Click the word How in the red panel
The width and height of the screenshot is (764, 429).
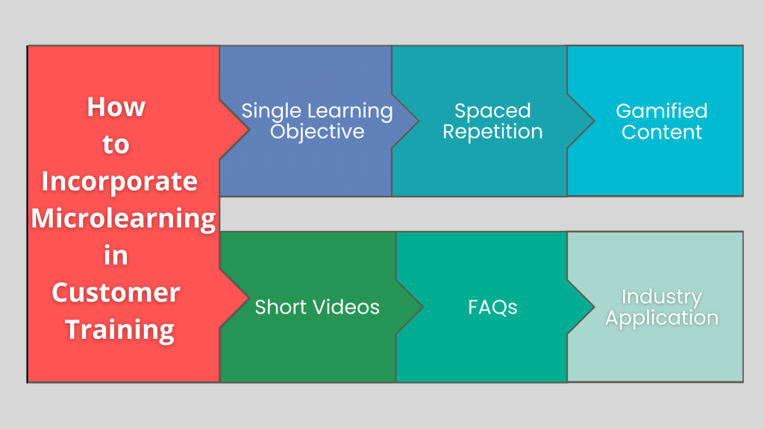(116, 107)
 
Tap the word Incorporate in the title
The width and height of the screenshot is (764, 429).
(119, 181)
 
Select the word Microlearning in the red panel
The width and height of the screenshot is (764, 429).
(123, 218)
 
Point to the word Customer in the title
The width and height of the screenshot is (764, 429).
(116, 292)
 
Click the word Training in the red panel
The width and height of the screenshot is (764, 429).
(119, 329)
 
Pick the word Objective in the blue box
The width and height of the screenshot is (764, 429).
(317, 133)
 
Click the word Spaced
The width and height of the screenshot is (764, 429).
(492, 112)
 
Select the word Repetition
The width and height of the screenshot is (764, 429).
(492, 133)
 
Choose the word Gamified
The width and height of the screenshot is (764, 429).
(661, 112)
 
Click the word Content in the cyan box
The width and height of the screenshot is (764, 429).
(661, 133)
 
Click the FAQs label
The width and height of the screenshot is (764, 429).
(492, 307)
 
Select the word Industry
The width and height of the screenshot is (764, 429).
(661, 297)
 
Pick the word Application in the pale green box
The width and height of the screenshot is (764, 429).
(661, 319)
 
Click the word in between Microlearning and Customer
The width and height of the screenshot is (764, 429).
(116, 255)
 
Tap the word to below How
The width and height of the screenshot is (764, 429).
(116, 144)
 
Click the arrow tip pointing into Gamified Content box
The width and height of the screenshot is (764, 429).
(592, 121)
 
